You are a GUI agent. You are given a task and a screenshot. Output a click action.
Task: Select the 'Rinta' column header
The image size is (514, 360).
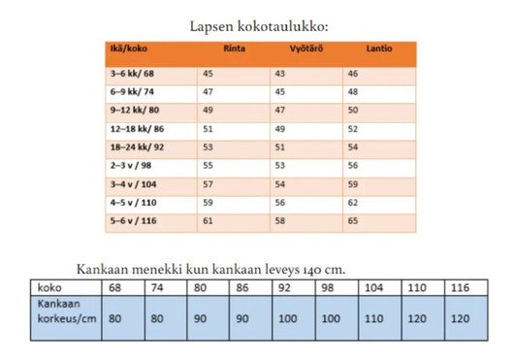click(x=234, y=49)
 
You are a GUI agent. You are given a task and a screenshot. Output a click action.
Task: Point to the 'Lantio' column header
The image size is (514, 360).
click(x=380, y=49)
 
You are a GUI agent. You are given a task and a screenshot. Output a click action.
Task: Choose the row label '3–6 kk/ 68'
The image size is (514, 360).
click(x=133, y=73)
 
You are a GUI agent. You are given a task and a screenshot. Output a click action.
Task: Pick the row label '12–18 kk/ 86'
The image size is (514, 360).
click(x=138, y=128)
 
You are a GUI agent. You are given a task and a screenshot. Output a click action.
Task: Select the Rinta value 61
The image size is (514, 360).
click(x=208, y=220)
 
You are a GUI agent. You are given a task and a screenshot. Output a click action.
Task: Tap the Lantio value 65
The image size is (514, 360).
click(x=353, y=220)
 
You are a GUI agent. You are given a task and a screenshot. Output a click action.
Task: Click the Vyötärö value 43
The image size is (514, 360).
click(x=280, y=73)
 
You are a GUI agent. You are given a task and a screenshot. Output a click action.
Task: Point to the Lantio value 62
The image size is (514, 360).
click(x=353, y=202)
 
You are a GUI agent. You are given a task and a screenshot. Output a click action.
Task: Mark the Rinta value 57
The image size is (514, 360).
click(x=208, y=183)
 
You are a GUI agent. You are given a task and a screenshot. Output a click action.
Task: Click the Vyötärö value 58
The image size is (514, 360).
click(x=280, y=220)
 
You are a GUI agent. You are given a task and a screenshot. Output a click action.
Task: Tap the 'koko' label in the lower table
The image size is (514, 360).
click(x=49, y=288)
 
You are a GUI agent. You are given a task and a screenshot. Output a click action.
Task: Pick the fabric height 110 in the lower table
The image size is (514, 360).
click(x=374, y=318)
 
